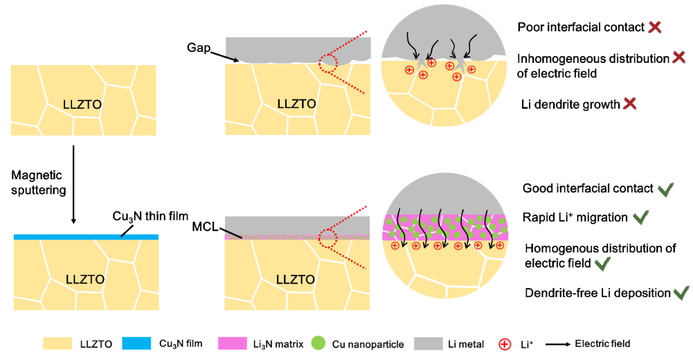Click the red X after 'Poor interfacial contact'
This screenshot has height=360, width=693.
pyautogui.click(x=654, y=28)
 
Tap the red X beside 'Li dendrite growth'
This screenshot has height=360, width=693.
pyautogui.click(x=630, y=104)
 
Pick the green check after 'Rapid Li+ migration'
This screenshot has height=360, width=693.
pyautogui.click(x=640, y=218)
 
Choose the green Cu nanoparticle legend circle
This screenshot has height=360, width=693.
pyautogui.click(x=318, y=343)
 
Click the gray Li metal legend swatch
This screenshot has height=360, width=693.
pyautogui.click(x=433, y=343)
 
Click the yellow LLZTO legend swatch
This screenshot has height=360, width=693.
pyautogui.click(x=62, y=343)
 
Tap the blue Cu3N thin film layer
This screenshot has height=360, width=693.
pyautogui.click(x=86, y=237)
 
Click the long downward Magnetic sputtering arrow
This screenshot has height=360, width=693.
pyautogui.click(x=73, y=183)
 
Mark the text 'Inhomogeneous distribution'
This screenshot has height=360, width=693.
pyautogui.click(x=593, y=58)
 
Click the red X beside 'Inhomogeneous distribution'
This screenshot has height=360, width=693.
pyautogui.click(x=679, y=58)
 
